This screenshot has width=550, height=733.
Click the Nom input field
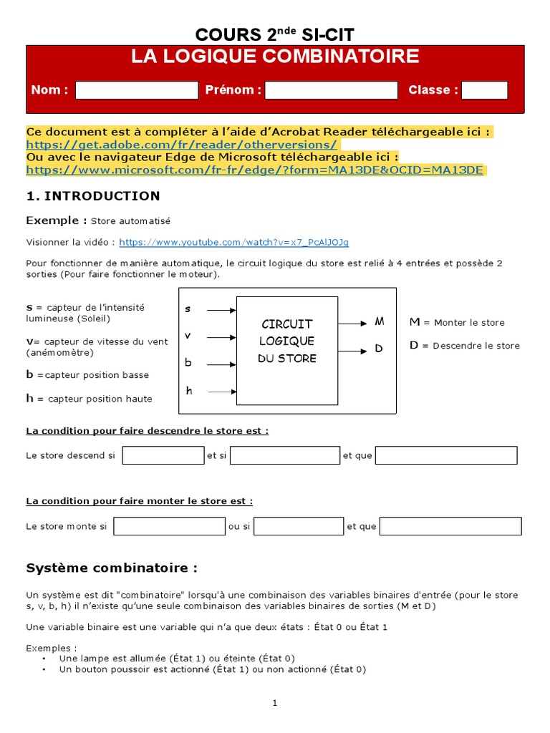click(136, 90)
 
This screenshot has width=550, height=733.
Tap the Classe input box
click(484, 90)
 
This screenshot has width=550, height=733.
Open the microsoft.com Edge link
click(255, 170)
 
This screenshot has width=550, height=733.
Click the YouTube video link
click(233, 243)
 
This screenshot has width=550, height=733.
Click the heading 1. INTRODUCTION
click(93, 196)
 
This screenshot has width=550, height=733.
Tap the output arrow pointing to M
click(353, 323)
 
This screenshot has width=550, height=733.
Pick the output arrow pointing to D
click(353, 351)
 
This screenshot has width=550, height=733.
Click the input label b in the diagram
click(188, 363)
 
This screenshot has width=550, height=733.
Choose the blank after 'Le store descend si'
click(163, 456)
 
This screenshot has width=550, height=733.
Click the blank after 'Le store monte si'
click(169, 527)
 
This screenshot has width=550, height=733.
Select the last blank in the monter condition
click(450, 527)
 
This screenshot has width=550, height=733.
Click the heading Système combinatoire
click(112, 568)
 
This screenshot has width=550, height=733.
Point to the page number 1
click(275, 703)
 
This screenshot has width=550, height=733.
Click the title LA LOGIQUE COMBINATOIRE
click(275, 57)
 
